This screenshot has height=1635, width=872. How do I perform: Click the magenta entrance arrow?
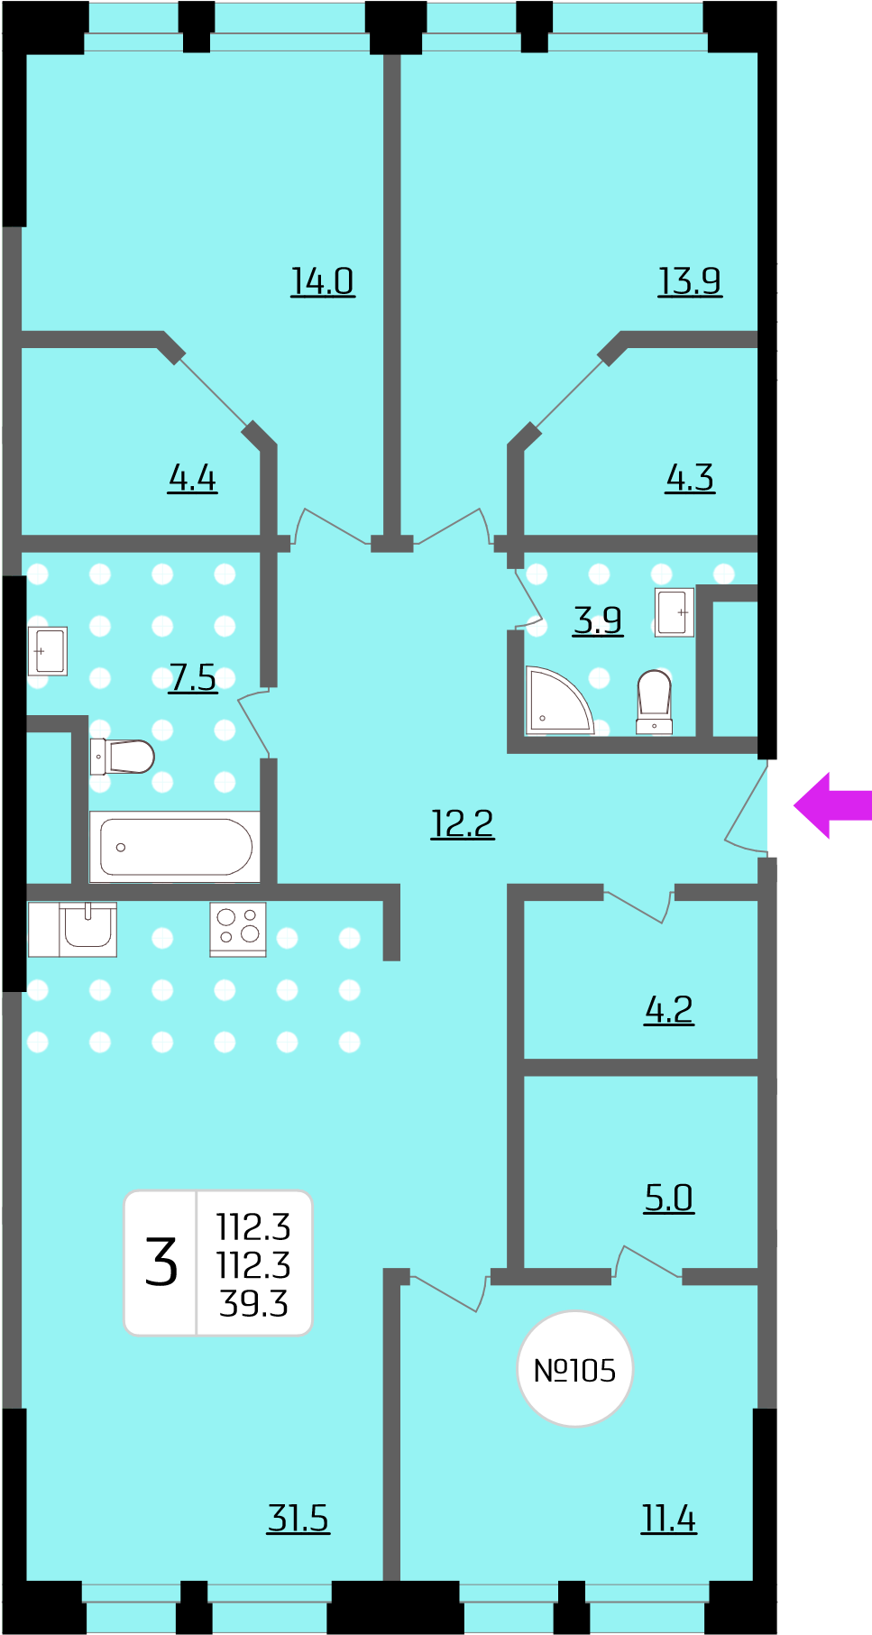click(831, 805)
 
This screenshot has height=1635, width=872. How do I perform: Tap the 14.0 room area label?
click(323, 281)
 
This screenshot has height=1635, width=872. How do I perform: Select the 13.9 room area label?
click(690, 281)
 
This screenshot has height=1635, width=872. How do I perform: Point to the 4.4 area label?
click(193, 478)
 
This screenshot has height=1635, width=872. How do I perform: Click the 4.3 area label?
click(690, 478)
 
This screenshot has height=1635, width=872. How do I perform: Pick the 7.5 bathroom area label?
click(194, 677)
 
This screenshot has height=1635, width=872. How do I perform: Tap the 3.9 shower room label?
click(598, 620)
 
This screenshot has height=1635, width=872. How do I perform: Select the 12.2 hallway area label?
click(463, 823)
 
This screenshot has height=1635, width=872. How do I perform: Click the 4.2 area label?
click(669, 1010)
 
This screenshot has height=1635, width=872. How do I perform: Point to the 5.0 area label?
click(669, 1198)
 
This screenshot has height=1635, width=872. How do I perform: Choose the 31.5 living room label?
click(298, 1518)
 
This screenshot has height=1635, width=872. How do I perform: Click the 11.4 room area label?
click(669, 1519)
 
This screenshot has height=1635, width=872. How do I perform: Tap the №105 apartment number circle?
click(574, 1369)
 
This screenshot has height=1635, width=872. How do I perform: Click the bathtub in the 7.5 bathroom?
click(176, 847)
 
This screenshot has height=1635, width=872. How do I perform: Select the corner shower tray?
click(559, 700)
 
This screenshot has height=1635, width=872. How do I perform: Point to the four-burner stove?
click(238, 929)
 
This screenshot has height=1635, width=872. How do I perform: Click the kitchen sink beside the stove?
click(87, 928)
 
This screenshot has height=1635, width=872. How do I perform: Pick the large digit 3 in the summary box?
click(161, 1262)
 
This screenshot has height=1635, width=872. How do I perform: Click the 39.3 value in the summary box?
click(253, 1304)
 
